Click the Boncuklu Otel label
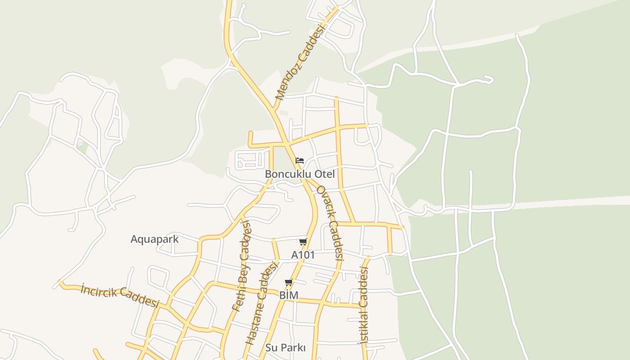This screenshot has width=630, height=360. tap(300, 174)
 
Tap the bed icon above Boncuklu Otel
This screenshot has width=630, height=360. tap(300, 160)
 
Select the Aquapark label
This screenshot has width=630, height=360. tap(154, 239)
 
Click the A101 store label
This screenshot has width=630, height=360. tap(303, 255)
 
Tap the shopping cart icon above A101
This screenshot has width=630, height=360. tap(303, 242)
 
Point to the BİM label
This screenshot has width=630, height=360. tap(289, 295)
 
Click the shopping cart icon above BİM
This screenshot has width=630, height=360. tap(289, 283)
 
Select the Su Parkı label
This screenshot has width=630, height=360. tap(285, 348)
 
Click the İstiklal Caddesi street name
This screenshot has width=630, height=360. tap(363, 305)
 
